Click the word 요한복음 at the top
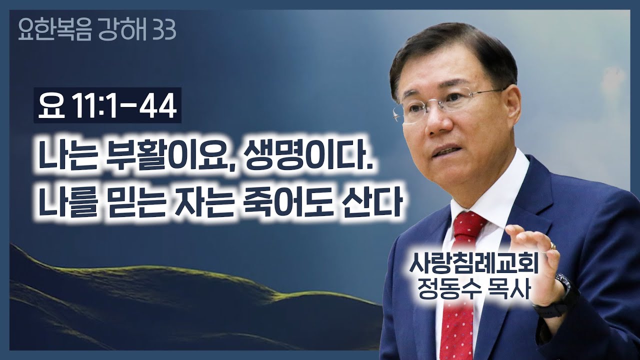[x=50, y=31]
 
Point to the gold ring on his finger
[x=553, y=245]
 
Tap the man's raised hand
[x=537, y=260]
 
